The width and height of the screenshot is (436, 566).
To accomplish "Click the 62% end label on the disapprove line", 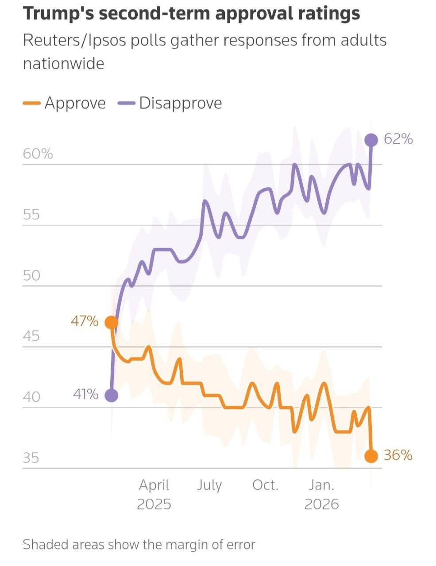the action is point(398,139).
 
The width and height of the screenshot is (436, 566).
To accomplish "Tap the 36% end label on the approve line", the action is point(398,455).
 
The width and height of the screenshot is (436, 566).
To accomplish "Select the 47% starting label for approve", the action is point(85,321).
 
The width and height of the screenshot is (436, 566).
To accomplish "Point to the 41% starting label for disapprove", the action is point(85,394).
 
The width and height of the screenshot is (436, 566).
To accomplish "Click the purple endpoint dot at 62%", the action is point(371,140).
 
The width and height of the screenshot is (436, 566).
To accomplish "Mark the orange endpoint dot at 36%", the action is point(371,456).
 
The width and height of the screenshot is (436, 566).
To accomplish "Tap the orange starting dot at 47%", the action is point(111,323).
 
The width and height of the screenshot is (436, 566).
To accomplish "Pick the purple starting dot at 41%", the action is point(111,396).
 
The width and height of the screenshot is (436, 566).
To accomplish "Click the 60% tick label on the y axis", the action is point(38,154).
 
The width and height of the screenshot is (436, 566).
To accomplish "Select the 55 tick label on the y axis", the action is point(31,214).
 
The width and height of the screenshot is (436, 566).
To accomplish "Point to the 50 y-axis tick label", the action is point(31,275).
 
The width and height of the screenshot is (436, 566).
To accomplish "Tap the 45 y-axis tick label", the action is point(31,336).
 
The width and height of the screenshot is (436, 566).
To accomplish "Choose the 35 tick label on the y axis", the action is point(31,458).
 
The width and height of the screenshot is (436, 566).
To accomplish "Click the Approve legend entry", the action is point(64,103).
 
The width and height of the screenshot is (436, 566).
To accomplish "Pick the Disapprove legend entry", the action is point(170,103).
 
